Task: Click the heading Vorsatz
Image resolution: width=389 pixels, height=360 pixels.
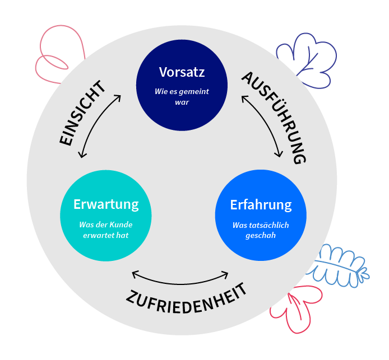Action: pyautogui.click(x=182, y=72)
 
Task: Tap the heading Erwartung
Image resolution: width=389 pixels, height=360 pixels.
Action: pyautogui.click(x=106, y=204)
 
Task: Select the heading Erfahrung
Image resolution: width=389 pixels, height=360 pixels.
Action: pyautogui.click(x=261, y=205)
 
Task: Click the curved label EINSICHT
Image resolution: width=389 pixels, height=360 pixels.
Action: pyautogui.click(x=82, y=113)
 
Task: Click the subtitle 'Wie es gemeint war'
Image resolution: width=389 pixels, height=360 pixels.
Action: pyautogui.click(x=182, y=97)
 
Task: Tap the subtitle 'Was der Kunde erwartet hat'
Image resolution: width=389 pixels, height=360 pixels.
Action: pyautogui.click(x=106, y=230)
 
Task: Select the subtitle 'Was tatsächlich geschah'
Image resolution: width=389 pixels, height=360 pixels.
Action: pyautogui.click(x=261, y=231)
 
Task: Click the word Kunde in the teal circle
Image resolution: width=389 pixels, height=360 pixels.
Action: pyautogui.click(x=121, y=225)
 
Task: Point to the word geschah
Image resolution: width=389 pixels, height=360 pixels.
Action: pyautogui.click(x=261, y=236)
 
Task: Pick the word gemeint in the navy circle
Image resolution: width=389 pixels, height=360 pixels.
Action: pyautogui.click(x=194, y=92)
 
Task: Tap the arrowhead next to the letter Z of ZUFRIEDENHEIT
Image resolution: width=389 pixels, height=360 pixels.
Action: pyautogui.click(x=134, y=274)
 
